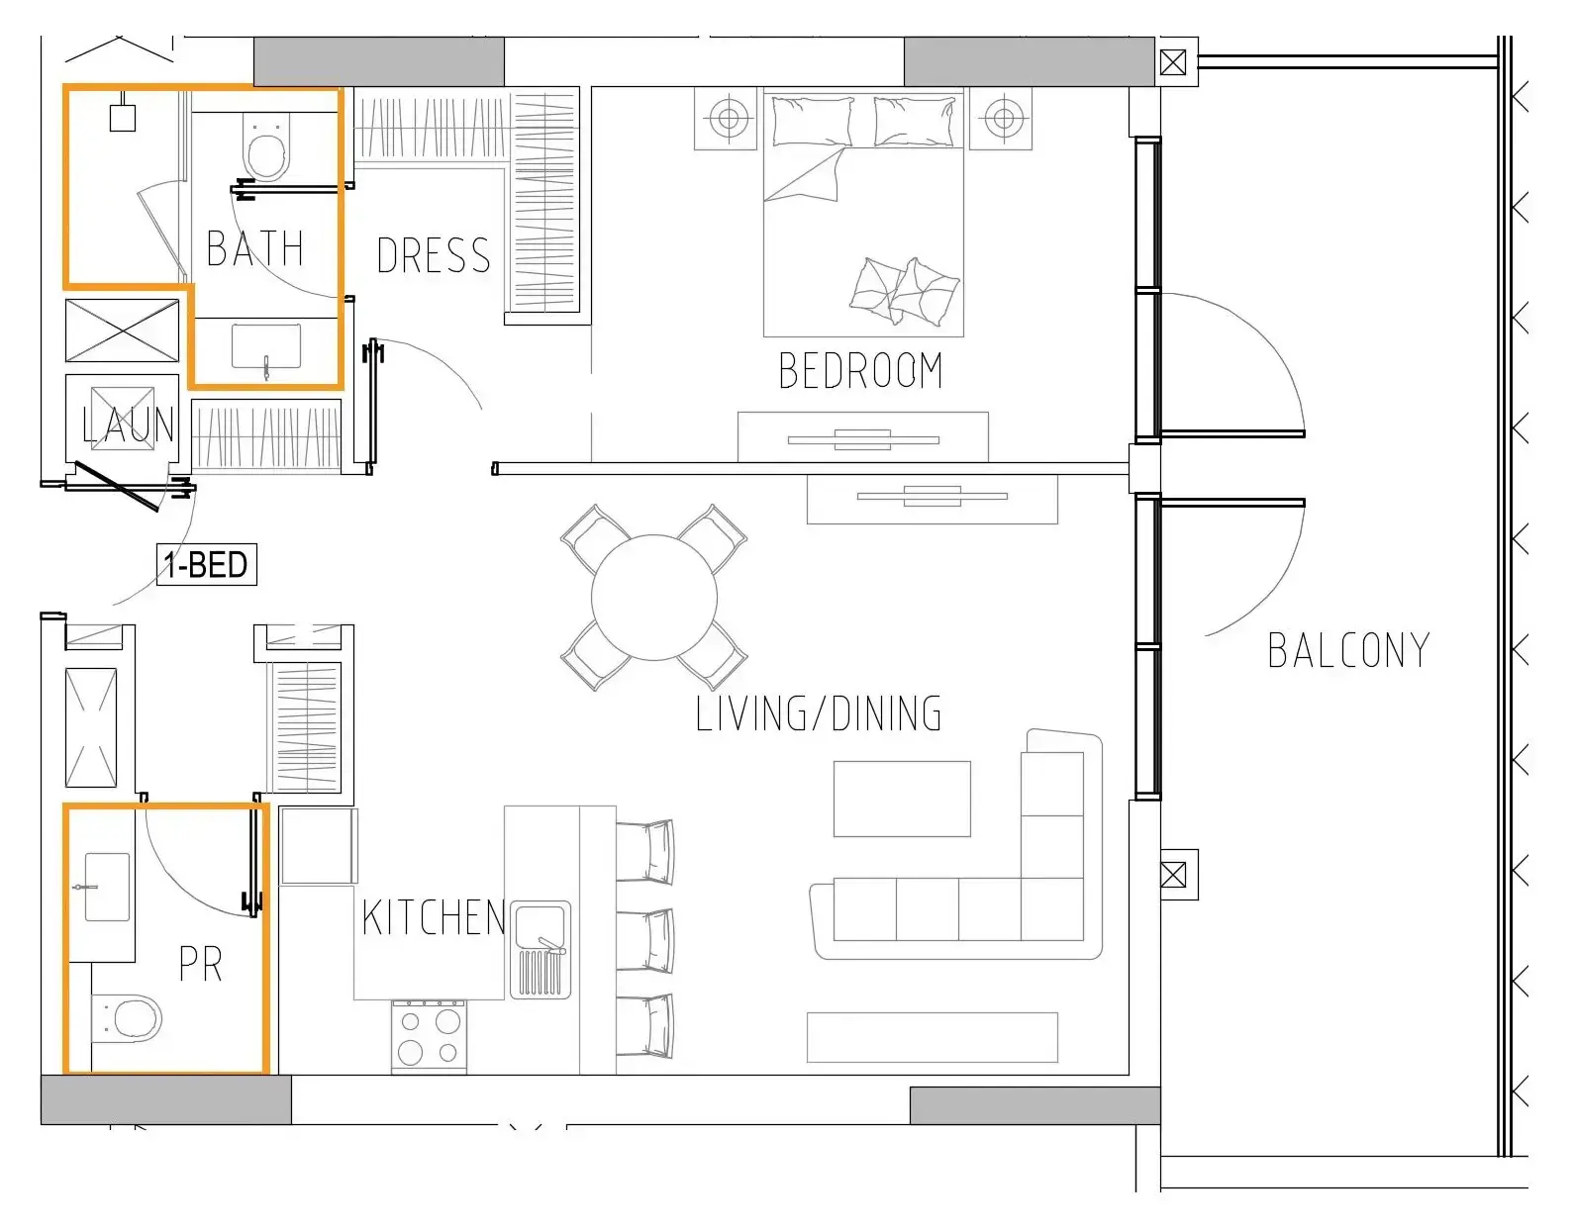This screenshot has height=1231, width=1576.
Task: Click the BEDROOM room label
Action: pos(860,371)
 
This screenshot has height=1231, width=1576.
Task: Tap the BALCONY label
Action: pos(1348,651)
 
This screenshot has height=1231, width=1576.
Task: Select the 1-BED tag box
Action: pos(206,565)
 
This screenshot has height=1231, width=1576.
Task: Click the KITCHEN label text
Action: pos(433,918)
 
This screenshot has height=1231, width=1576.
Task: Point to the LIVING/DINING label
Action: pos(818,714)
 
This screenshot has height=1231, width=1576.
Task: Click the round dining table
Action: pos(653,598)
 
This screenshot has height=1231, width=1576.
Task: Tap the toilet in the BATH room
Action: pos(265,148)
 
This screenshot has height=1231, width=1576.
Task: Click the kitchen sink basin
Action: pos(541,923)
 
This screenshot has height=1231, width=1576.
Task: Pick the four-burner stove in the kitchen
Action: pos(429,1036)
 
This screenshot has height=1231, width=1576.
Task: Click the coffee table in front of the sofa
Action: pos(901,799)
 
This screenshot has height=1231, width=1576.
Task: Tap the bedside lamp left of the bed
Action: pos(729,120)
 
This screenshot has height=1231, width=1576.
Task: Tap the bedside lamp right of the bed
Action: pos(1002,120)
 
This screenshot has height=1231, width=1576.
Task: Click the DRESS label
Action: pos(433,256)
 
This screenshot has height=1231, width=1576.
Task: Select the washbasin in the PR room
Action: pos(106,887)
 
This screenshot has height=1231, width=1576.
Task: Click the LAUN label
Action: pos(129,426)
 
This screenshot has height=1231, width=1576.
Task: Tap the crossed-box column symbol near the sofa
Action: pos(1173,875)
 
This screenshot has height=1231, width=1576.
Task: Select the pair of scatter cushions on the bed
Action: pos(903,290)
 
